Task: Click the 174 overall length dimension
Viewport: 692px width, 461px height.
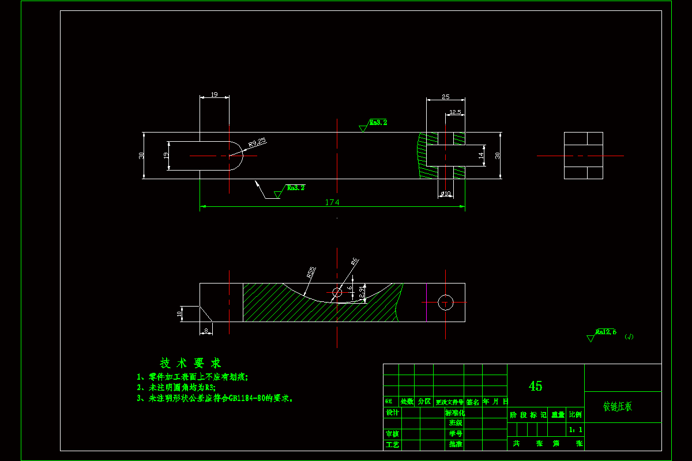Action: point(332,202)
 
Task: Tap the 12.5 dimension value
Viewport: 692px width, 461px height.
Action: point(455,112)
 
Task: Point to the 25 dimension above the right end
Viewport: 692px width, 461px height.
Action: point(445,97)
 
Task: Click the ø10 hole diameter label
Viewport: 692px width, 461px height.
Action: point(446,194)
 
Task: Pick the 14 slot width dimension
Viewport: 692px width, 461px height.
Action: point(480,156)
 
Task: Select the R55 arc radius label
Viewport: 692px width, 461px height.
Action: point(311,273)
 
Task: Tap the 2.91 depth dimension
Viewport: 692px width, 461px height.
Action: point(362,293)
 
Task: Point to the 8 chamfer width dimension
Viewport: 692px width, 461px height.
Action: point(206,330)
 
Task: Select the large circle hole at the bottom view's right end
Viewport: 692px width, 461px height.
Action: point(445,302)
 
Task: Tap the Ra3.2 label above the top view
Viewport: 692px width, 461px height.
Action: point(378,123)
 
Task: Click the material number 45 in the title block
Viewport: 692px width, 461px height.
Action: point(535,386)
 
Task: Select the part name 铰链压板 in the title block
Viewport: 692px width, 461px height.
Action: point(618,406)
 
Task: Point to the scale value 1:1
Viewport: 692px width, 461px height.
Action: point(575,429)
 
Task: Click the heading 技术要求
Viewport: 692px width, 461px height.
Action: point(190,363)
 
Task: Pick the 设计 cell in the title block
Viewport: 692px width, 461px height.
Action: point(392,413)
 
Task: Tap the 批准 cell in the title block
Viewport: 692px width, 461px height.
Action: point(455,444)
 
